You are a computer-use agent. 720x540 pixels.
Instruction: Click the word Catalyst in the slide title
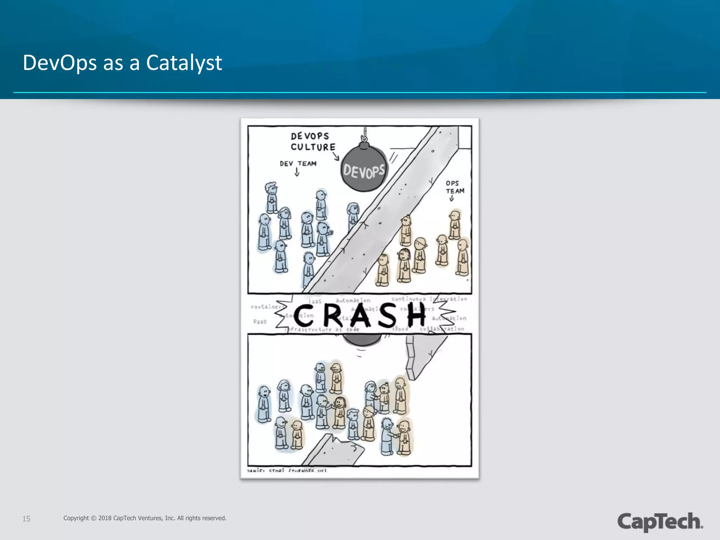[184, 63]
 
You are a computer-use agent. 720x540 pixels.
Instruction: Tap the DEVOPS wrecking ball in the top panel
[364, 169]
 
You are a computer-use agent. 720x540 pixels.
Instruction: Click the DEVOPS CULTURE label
[313, 142]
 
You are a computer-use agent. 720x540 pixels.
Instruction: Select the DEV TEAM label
[298, 163]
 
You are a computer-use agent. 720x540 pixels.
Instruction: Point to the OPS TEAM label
[455, 187]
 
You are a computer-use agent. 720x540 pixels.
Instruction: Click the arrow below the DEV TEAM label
[297, 172]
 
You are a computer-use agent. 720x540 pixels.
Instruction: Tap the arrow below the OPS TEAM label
[451, 199]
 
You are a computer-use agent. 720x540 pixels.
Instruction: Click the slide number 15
[26, 519]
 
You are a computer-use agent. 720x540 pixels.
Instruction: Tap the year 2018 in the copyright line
[105, 518]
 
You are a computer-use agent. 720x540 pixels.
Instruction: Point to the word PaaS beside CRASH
[260, 322]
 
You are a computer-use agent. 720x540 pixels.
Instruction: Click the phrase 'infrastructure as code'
[322, 329]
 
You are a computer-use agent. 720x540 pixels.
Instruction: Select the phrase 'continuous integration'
[429, 299]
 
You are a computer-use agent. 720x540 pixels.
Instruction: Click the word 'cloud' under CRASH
[400, 329]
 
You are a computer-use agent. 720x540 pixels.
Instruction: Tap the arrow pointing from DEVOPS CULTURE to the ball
[336, 156]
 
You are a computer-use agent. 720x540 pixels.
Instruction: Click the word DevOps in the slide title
[59, 63]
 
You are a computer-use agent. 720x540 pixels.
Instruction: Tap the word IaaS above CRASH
[315, 301]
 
